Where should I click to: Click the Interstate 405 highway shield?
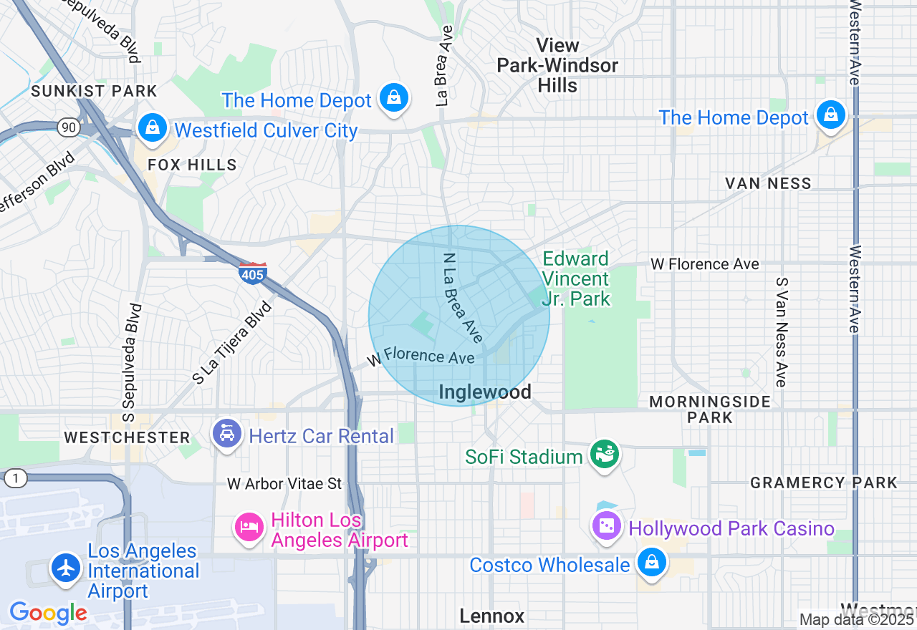click(252, 273)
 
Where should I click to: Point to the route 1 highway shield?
click(14, 478)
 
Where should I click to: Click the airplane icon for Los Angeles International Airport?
click(67, 568)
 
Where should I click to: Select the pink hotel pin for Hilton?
click(249, 528)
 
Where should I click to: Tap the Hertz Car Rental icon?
click(228, 434)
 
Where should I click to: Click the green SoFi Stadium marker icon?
click(604, 454)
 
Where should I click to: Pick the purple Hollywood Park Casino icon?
click(606, 526)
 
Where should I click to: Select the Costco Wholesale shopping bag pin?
click(652, 562)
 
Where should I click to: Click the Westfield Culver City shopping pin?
click(152, 127)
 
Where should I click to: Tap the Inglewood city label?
click(484, 392)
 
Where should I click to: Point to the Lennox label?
click(491, 616)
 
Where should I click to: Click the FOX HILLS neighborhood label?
click(192, 165)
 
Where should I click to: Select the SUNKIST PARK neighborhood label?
click(94, 92)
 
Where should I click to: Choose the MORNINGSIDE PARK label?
click(709, 409)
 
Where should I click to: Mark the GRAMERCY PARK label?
click(823, 483)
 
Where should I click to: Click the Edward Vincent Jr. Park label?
click(576, 278)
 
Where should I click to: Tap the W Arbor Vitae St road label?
click(284, 484)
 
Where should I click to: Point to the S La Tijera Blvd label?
click(233, 343)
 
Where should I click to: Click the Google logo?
click(48, 613)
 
